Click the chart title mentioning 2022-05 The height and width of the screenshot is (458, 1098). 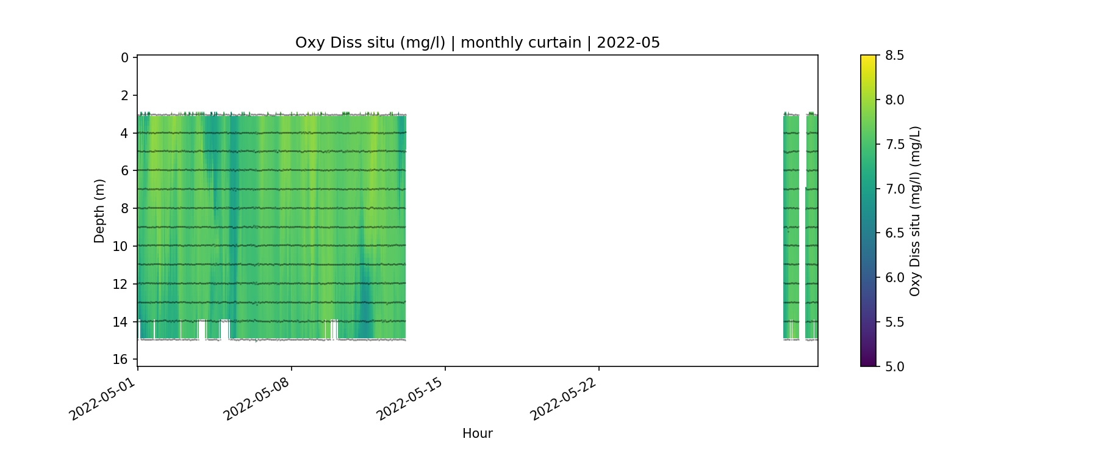click(477, 43)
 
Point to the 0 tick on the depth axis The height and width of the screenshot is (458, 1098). click(124, 58)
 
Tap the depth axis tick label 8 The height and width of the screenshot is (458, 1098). click(124, 208)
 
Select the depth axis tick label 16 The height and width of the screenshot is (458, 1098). click(121, 359)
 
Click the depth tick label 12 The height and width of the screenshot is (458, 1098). click(121, 284)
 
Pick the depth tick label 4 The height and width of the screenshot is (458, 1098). click(124, 133)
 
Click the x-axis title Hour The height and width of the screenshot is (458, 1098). click(477, 434)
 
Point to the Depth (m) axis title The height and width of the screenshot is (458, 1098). click(99, 211)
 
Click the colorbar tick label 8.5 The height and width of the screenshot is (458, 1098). click(894, 56)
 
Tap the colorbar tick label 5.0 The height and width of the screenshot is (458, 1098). click(894, 366)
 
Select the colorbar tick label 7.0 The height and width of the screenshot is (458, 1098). click(894, 189)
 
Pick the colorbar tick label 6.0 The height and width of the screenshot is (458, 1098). click(894, 278)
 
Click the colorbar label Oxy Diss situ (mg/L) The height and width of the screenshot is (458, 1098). click(914, 211)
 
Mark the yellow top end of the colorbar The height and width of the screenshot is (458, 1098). click(868, 58)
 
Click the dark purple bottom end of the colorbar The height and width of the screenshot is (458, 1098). click(868, 363)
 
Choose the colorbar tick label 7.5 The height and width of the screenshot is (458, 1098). click(894, 144)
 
